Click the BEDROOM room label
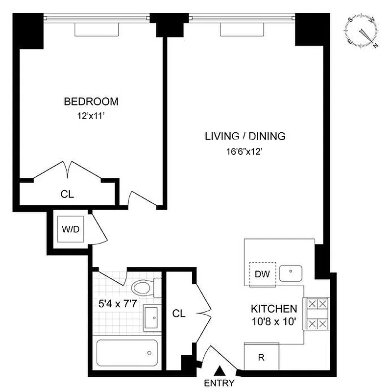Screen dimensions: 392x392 point(91,102)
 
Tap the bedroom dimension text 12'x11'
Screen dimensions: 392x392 point(91,117)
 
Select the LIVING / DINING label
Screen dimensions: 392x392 point(245,137)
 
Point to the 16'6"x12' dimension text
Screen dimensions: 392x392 point(245,151)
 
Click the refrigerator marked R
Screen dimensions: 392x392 point(262,357)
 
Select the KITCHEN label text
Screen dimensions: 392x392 point(274,309)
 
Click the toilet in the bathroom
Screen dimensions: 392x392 point(145,288)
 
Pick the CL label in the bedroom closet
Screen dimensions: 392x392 point(67,194)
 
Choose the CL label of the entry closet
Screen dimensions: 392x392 point(179,314)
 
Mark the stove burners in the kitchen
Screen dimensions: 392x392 point(316,314)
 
